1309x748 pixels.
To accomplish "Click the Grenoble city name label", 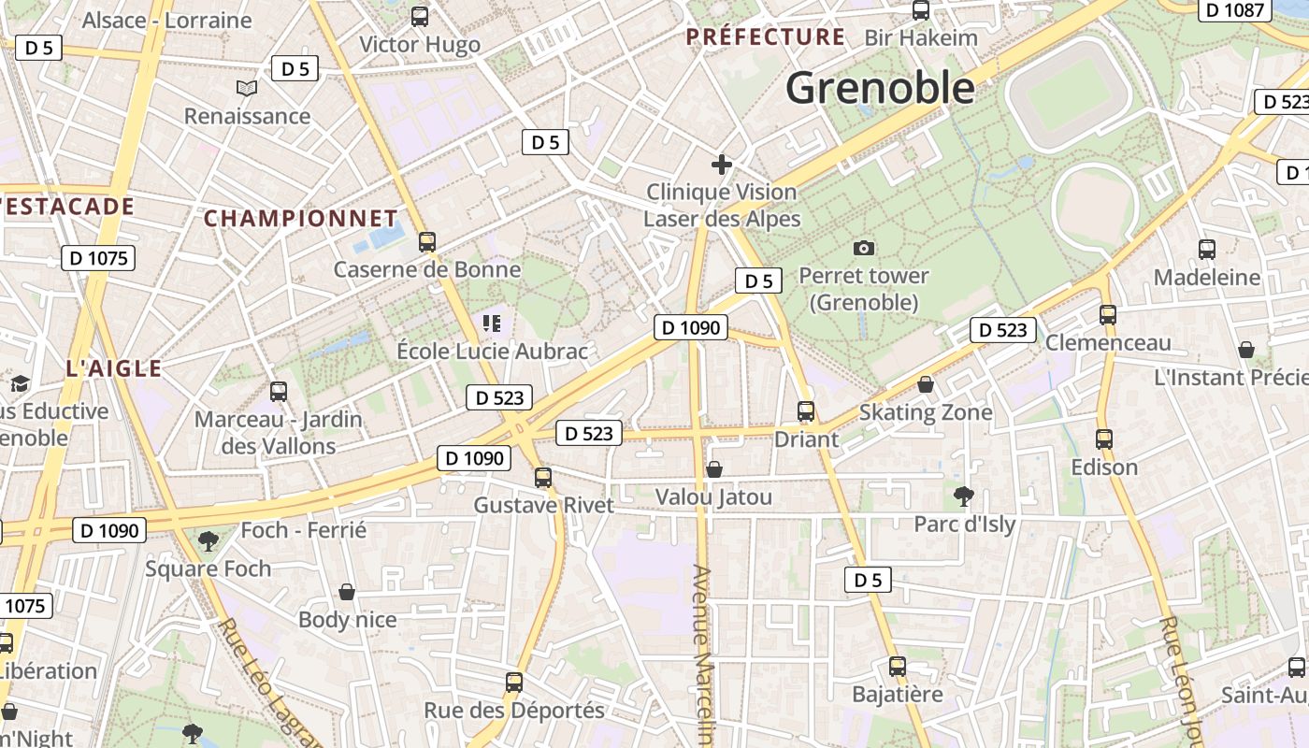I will pyautogui.click(x=880, y=88).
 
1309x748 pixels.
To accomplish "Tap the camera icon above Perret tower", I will pyautogui.click(x=864, y=248).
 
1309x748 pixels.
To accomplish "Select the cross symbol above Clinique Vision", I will pyautogui.click(x=721, y=165).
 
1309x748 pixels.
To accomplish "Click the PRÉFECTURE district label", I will pyautogui.click(x=766, y=37).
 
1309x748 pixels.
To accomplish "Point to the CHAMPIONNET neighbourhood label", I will pyautogui.click(x=300, y=219).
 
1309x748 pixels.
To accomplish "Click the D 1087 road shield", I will pyautogui.click(x=1233, y=10).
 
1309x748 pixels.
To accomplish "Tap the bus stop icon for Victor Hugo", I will pyautogui.click(x=420, y=16).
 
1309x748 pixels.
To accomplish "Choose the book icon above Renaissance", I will pyautogui.click(x=247, y=89).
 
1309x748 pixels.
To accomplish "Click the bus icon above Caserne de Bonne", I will pyautogui.click(x=427, y=242).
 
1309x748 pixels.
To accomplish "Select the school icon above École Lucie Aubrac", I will pyautogui.click(x=492, y=324).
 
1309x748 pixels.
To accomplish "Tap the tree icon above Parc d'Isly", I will pyautogui.click(x=964, y=496).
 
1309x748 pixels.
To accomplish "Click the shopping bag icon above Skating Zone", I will pyautogui.click(x=926, y=384).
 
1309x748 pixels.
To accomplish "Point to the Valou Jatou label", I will pyautogui.click(x=713, y=496).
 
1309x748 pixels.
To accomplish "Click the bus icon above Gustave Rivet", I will pyautogui.click(x=543, y=478).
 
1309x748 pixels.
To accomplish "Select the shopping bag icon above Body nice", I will pyautogui.click(x=347, y=592).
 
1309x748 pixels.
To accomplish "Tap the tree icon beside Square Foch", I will pyautogui.click(x=209, y=540).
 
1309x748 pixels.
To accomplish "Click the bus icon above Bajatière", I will pyautogui.click(x=898, y=667).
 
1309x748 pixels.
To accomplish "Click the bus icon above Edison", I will pyautogui.click(x=1104, y=439).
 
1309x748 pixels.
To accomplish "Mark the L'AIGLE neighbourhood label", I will pyautogui.click(x=114, y=368).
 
